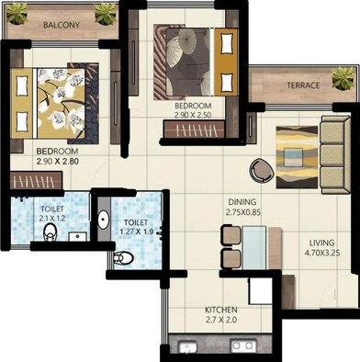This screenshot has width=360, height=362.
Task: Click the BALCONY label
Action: pyautogui.click(x=61, y=26)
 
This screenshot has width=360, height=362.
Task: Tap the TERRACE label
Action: pyautogui.click(x=302, y=85)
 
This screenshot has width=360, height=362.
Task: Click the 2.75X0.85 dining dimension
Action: pyautogui.click(x=243, y=212)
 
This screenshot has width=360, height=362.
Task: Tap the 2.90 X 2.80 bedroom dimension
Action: pyautogui.click(x=58, y=161)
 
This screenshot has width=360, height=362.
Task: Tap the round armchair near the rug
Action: pyautogui.click(x=262, y=169)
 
